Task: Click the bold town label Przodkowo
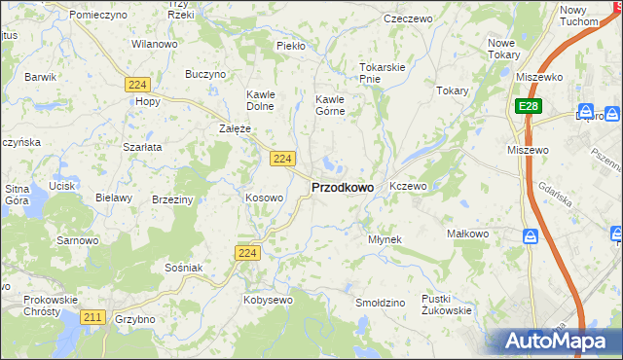(x=342, y=187)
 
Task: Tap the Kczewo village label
(x=408, y=185)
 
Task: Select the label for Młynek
(x=385, y=238)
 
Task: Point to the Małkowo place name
(x=465, y=234)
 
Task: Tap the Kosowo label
(x=264, y=198)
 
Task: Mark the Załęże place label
(x=235, y=127)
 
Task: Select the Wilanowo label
(x=154, y=44)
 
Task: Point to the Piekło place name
(x=291, y=46)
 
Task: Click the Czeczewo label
(x=408, y=18)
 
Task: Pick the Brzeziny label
(x=172, y=198)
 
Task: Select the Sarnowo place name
(x=78, y=239)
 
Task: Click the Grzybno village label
(x=134, y=318)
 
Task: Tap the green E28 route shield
(x=527, y=106)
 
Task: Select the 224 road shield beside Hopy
(x=136, y=86)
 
